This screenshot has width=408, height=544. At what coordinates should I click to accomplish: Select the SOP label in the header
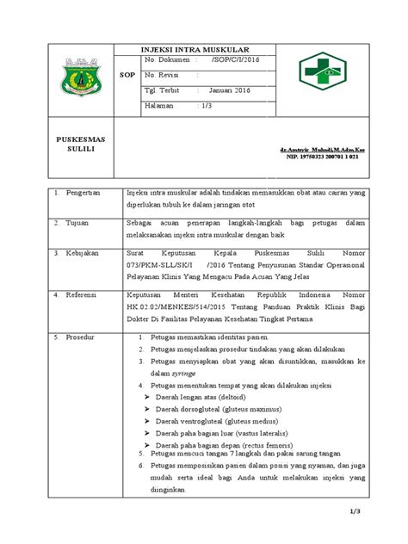pos(123,75)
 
